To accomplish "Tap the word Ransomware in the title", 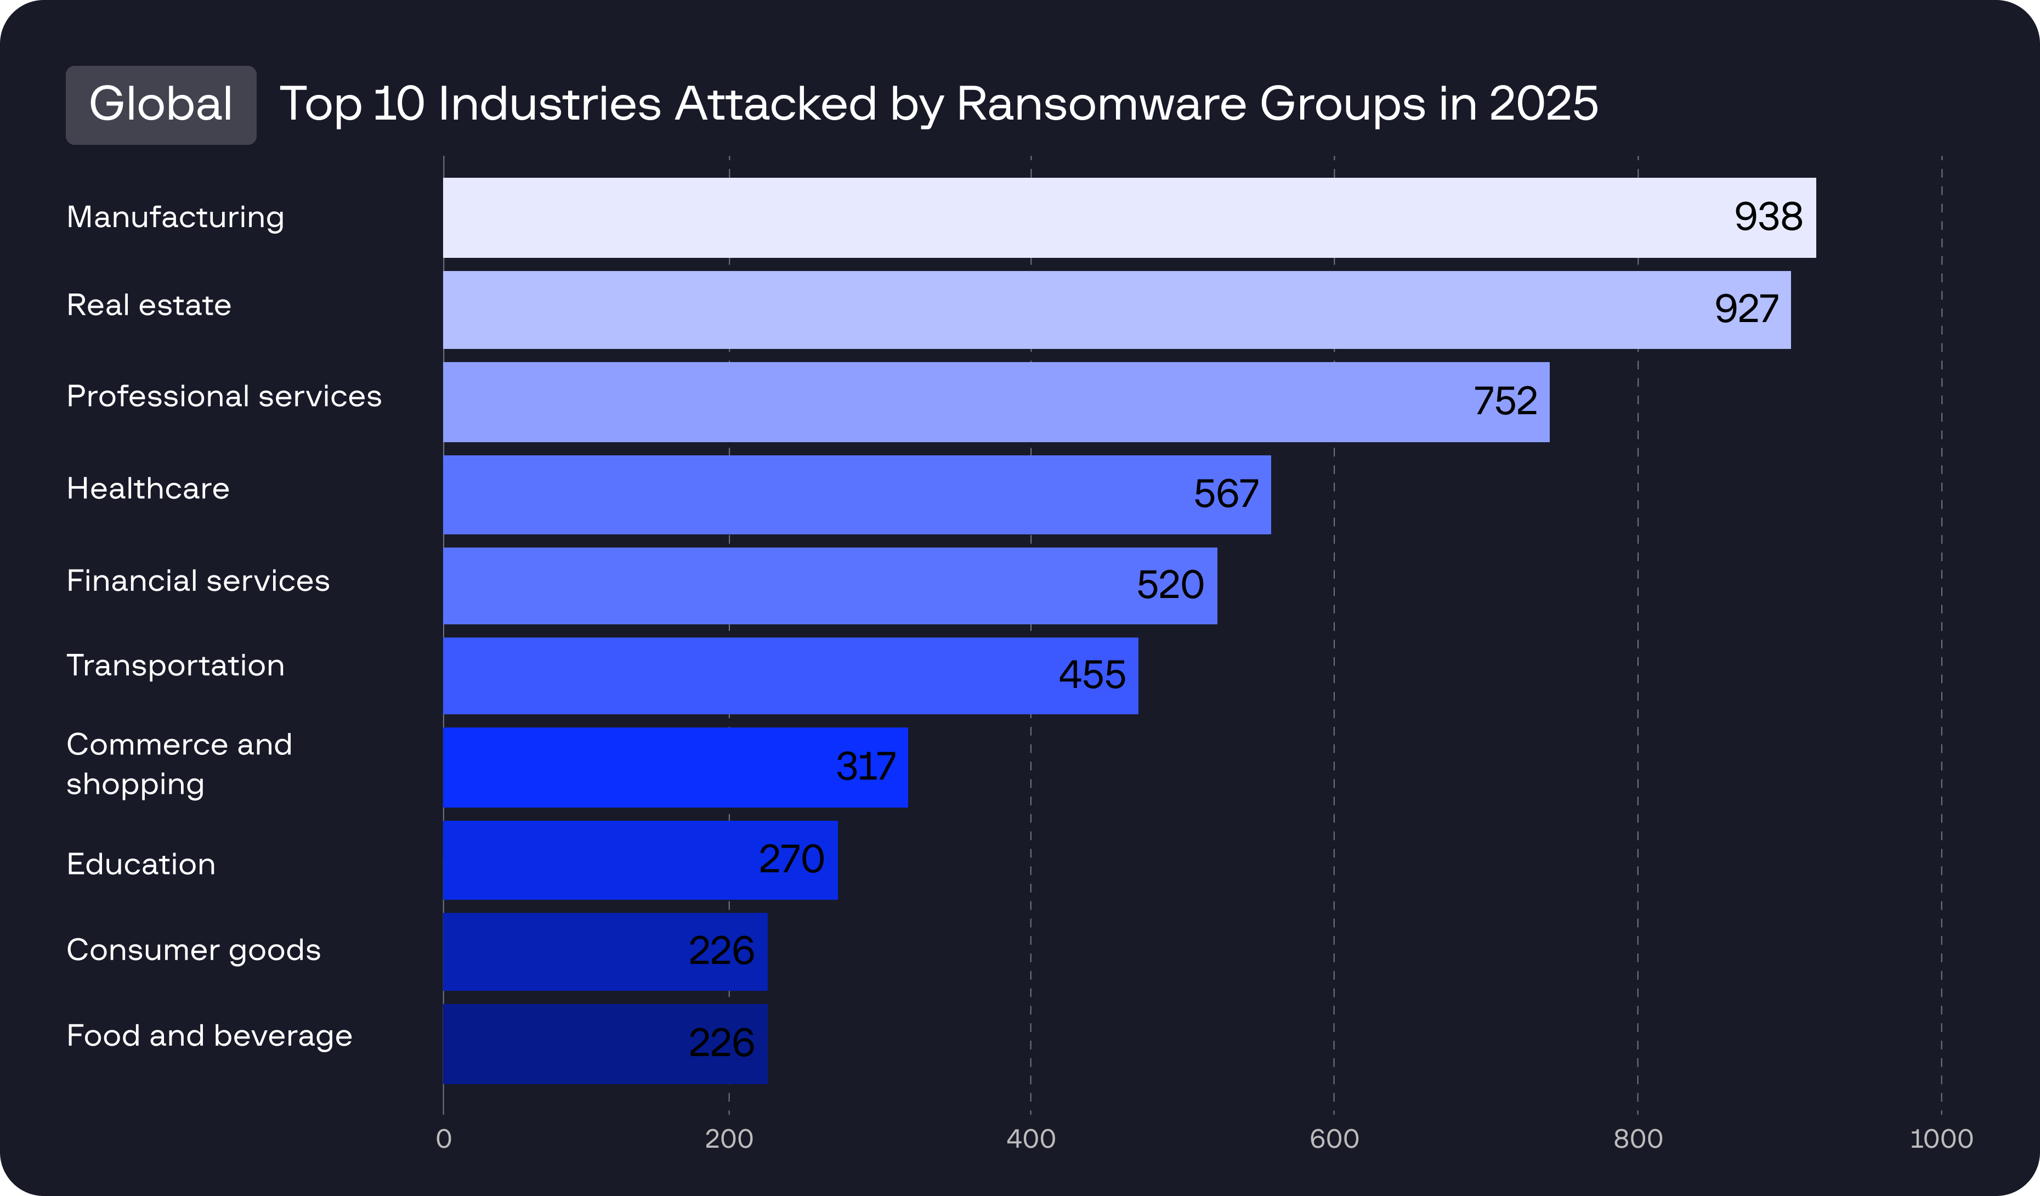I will pyautogui.click(x=1101, y=104).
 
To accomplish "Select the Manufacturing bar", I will pyautogui.click(x=1052, y=218).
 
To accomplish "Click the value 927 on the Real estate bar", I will pyautogui.click(x=1746, y=309).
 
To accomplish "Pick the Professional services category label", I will pyautogui.click(x=223, y=397).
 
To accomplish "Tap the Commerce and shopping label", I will pyautogui.click(x=179, y=764).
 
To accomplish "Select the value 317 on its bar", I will pyautogui.click(x=865, y=767).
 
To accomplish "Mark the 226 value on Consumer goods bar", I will pyautogui.click(x=721, y=951).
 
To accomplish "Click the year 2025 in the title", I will pyautogui.click(x=1543, y=104).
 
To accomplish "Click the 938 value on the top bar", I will pyautogui.click(x=1768, y=217).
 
